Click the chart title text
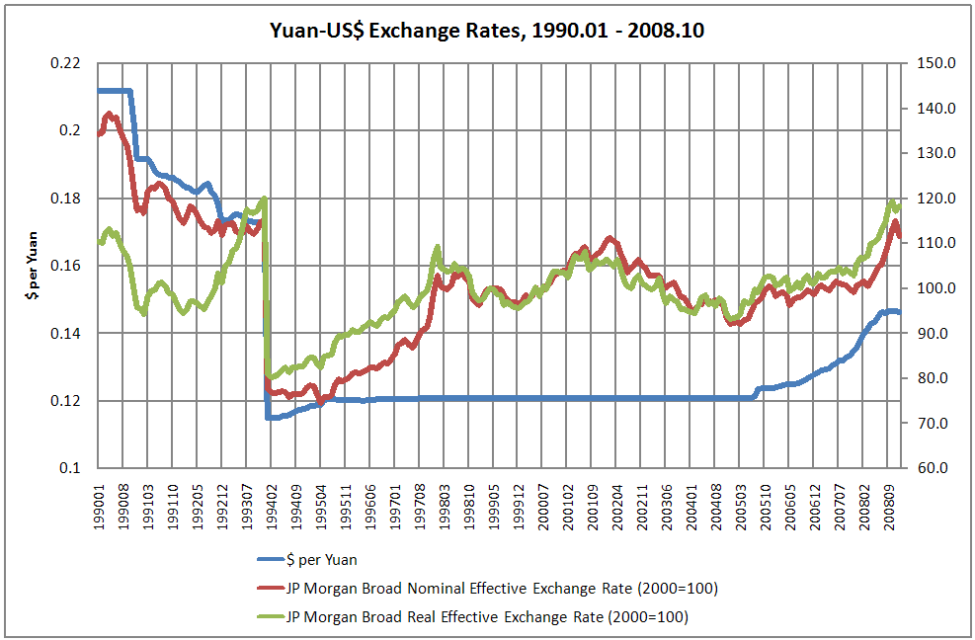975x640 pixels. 487,31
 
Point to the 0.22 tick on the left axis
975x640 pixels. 69,63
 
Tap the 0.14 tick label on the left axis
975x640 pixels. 69,334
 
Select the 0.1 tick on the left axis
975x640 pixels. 74,468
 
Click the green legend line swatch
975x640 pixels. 269,617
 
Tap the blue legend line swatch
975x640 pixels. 269,560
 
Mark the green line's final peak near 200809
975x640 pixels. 891,202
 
